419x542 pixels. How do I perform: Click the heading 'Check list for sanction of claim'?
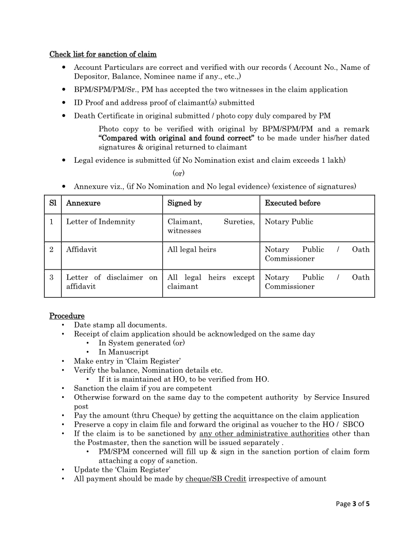[103, 54]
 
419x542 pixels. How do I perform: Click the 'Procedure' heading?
[67, 316]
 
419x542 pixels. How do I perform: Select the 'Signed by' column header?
[184, 203]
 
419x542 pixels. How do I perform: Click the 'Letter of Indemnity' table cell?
[101, 222]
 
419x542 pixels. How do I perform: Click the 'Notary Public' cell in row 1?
[289, 222]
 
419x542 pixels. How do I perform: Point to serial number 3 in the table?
[52, 277]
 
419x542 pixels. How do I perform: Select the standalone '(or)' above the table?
[179, 173]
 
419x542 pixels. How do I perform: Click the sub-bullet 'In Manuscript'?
[123, 352]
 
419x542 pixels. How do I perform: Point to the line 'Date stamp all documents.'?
[120, 325]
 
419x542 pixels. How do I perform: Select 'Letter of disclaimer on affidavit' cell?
[111, 282]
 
